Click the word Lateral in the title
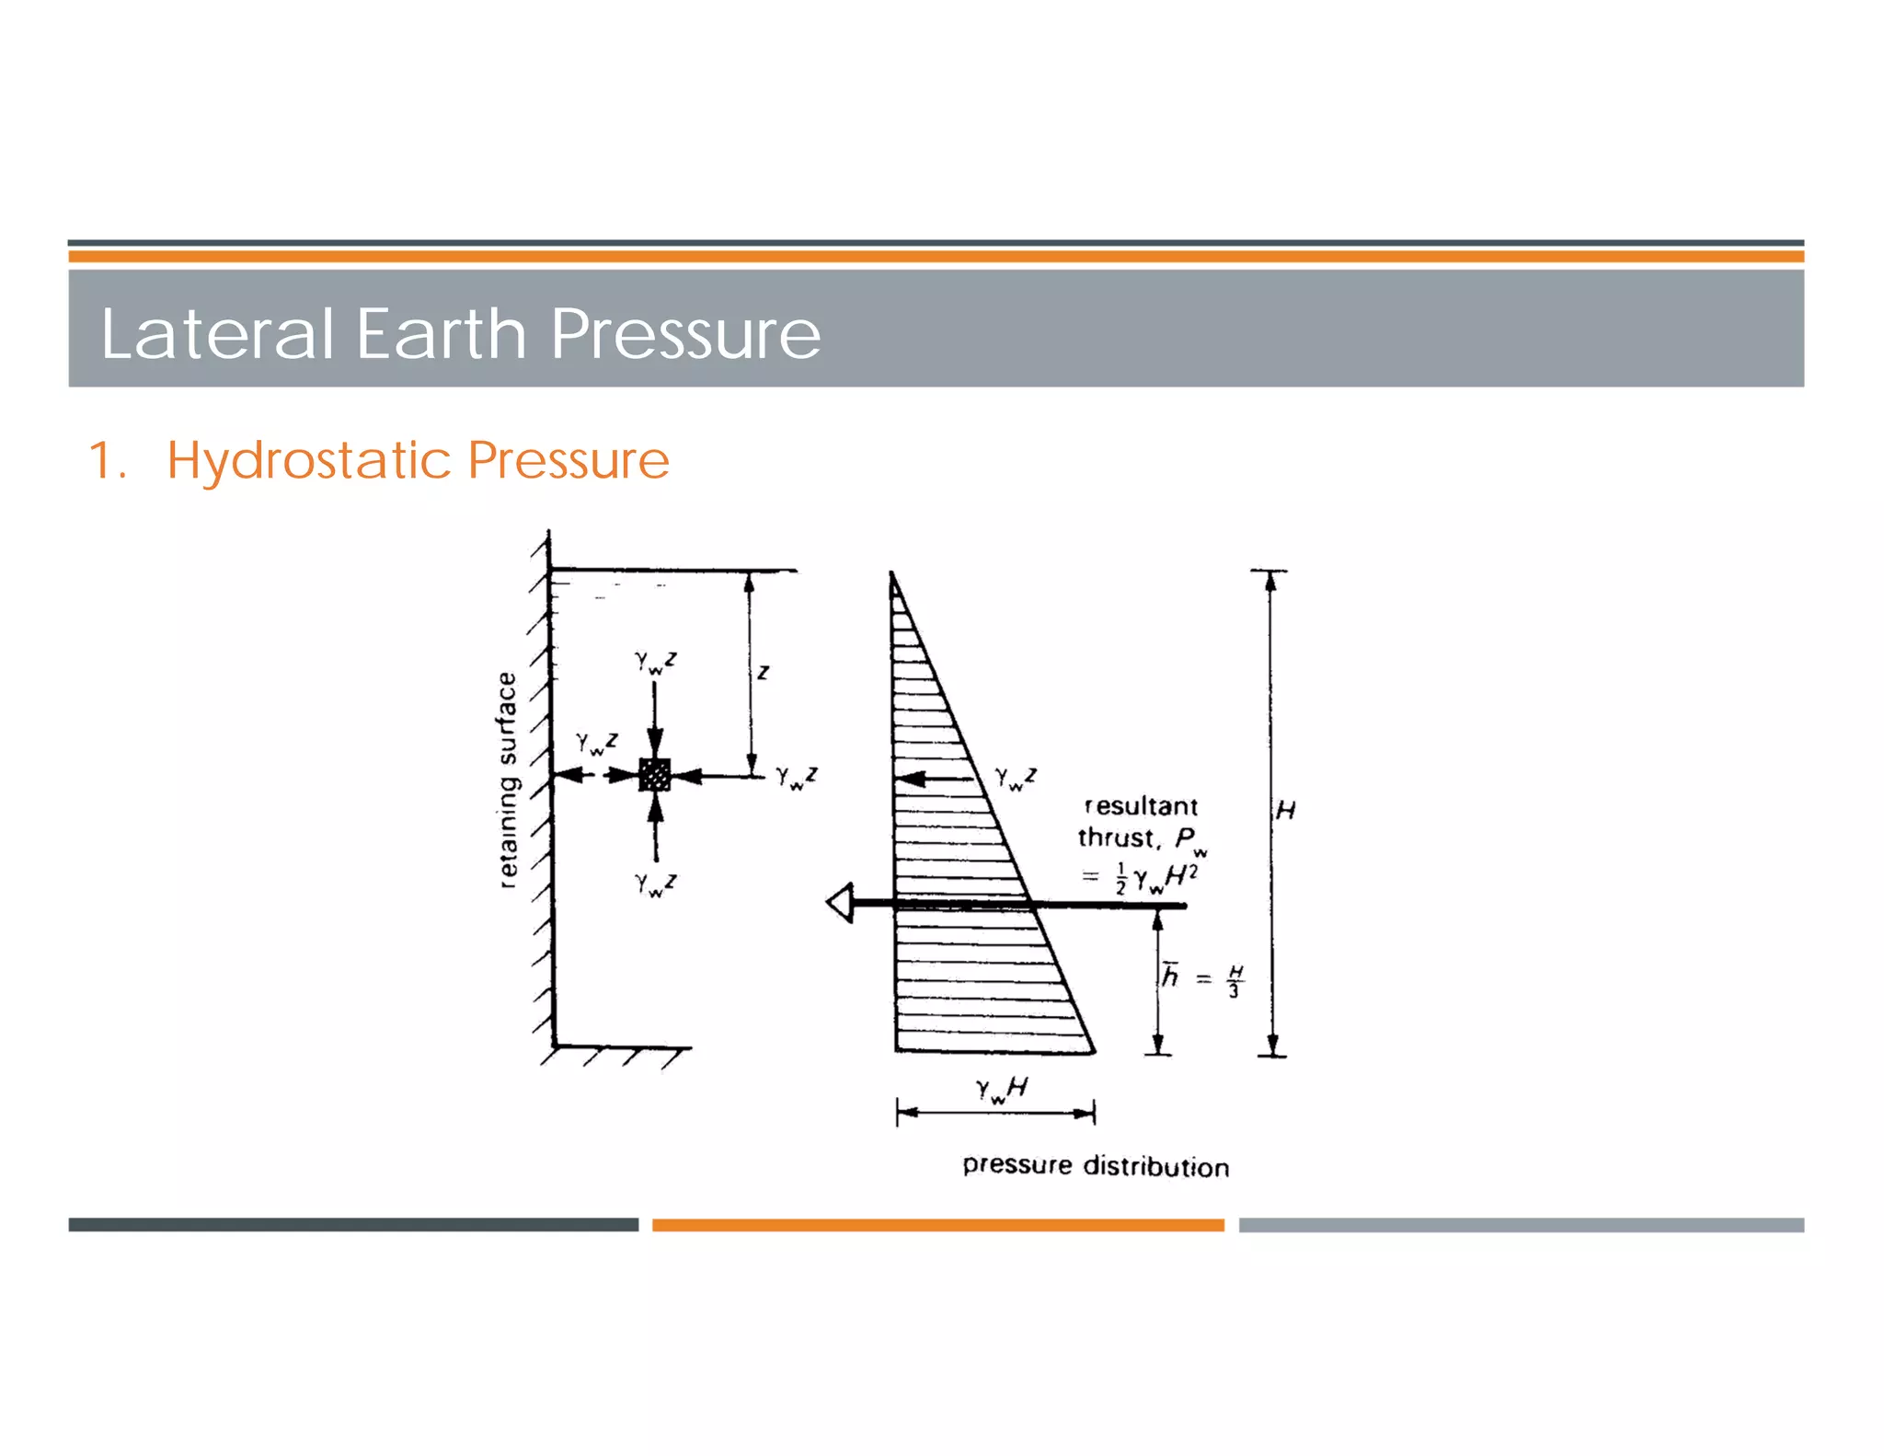point(217,333)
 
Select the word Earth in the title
point(441,333)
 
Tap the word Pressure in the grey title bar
point(684,335)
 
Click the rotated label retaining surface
point(507,780)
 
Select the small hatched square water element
point(654,775)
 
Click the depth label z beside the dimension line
point(763,673)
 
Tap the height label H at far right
point(1285,810)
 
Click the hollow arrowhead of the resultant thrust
point(840,904)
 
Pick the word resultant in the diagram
point(1141,806)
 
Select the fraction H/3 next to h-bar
point(1235,981)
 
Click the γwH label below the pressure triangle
point(1001,1090)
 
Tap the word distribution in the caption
point(1155,1166)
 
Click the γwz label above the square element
point(655,662)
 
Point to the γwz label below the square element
point(655,884)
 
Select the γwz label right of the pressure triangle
point(1016,779)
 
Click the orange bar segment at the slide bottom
point(937,1225)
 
